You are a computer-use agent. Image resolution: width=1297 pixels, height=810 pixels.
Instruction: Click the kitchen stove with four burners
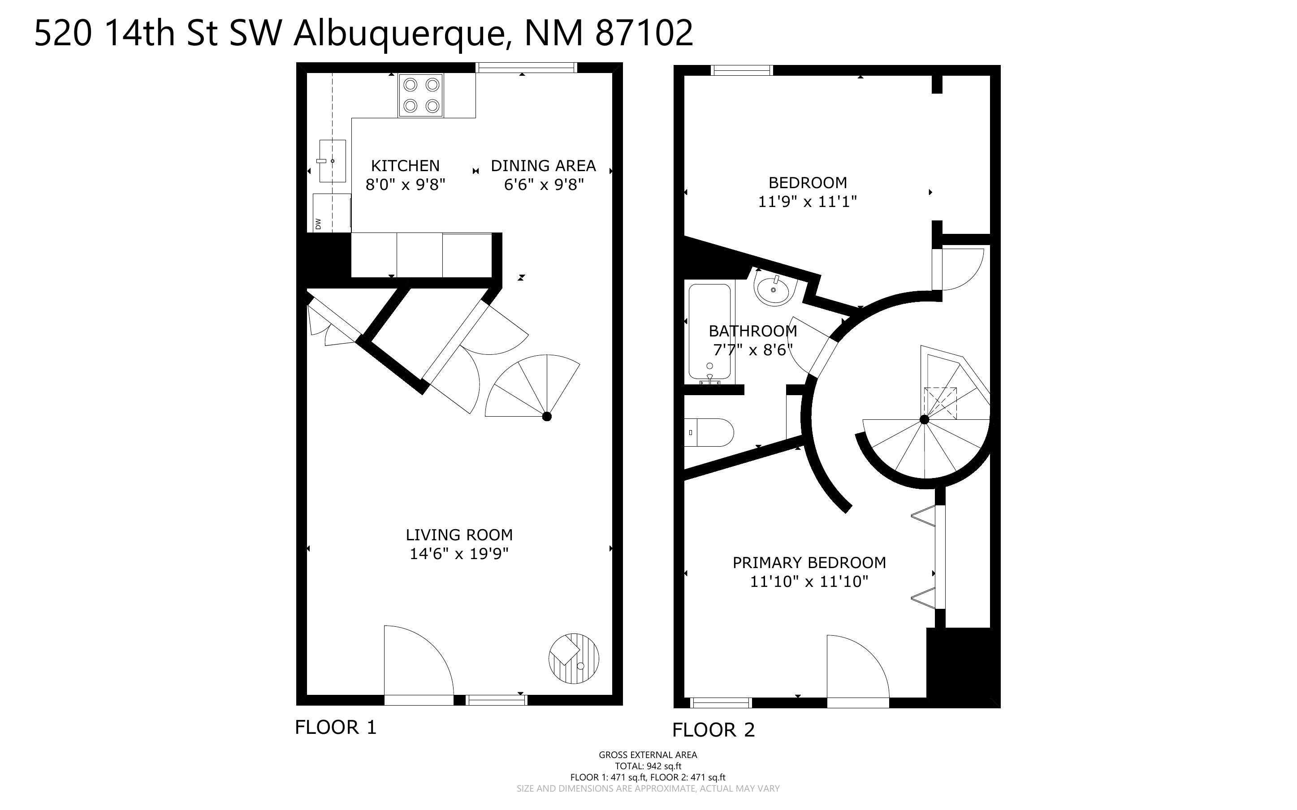[x=421, y=95]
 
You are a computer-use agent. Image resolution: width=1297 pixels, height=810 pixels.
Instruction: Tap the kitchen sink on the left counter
[x=332, y=161]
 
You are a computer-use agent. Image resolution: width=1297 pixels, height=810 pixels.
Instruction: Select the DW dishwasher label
[x=318, y=224]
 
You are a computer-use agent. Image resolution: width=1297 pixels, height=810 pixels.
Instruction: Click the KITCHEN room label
[x=405, y=165]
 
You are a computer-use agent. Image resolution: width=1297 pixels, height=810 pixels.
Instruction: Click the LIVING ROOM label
[x=459, y=534]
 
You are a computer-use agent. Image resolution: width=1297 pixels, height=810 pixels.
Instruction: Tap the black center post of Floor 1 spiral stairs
[x=546, y=416]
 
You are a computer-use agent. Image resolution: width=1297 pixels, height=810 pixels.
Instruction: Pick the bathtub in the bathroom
[x=709, y=332]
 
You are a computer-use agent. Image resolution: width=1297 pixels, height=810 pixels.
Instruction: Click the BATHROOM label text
[x=753, y=331]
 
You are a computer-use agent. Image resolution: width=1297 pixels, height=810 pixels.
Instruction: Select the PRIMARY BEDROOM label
[x=809, y=563]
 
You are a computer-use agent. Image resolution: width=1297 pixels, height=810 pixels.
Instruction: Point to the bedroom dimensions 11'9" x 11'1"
[x=807, y=202]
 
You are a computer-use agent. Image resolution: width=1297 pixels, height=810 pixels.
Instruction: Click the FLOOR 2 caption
[x=713, y=730]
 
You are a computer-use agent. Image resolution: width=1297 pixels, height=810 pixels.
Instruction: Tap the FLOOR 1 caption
[x=336, y=728]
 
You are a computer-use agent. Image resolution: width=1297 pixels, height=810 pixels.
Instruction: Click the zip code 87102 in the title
[x=644, y=33]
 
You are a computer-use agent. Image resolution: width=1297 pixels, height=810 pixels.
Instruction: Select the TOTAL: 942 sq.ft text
[x=648, y=766]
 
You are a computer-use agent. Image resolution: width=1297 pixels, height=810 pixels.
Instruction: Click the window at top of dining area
[x=526, y=68]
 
